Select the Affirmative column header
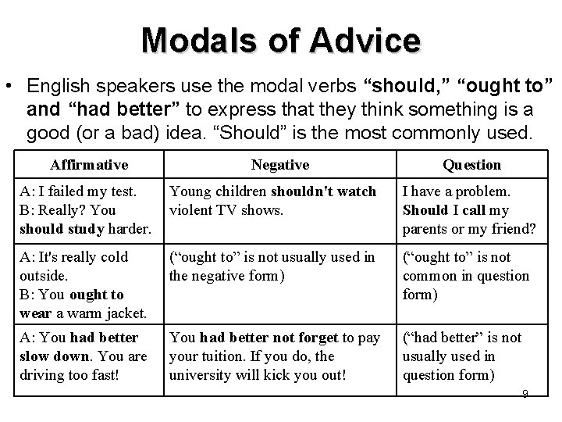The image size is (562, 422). click(89, 165)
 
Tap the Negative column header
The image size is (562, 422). click(280, 165)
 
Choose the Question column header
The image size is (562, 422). click(471, 165)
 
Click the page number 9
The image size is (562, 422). click(525, 392)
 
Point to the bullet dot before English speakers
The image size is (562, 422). click(12, 84)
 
